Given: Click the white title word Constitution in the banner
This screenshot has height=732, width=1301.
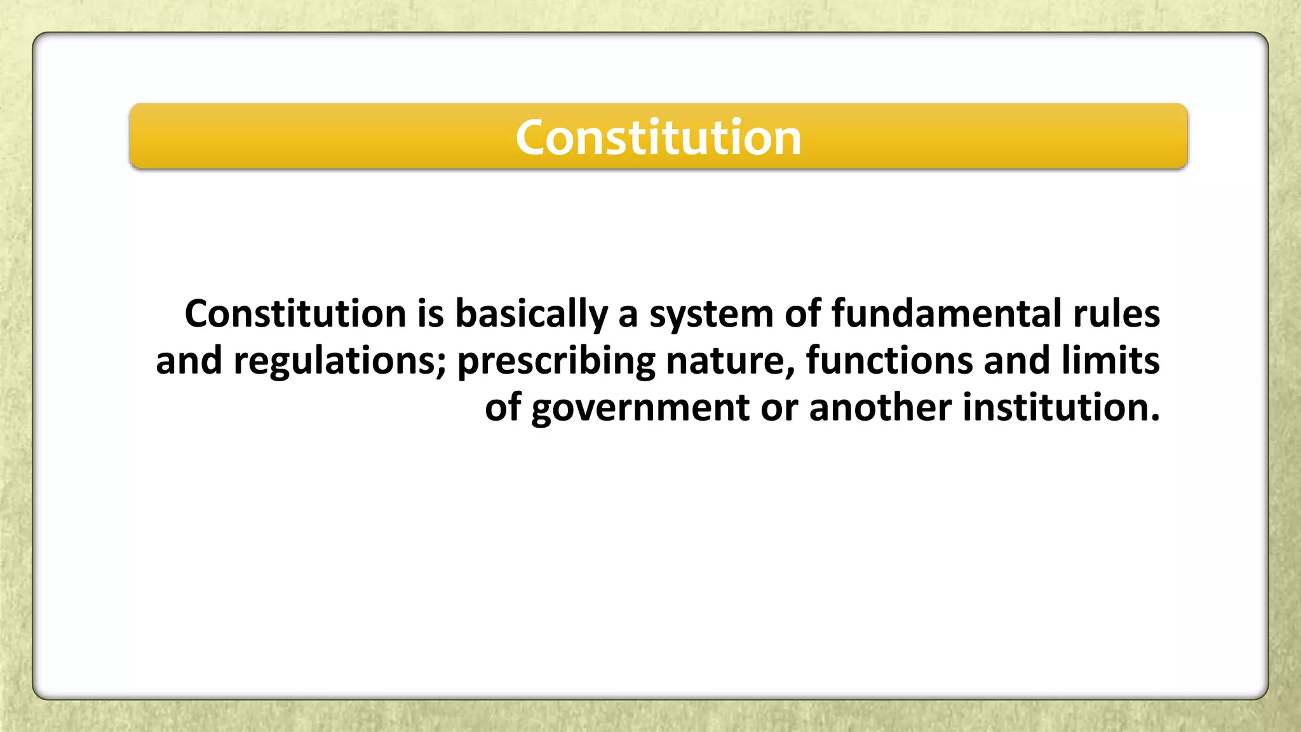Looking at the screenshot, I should pyautogui.click(x=658, y=138).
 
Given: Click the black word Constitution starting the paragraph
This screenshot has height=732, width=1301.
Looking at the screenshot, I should pyautogui.click(x=295, y=314).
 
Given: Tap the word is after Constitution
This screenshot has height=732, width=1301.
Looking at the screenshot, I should pyautogui.click(x=430, y=314).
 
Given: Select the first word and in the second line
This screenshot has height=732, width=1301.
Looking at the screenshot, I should pyautogui.click(x=189, y=361).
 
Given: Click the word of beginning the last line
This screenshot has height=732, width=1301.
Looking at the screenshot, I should pyautogui.click(x=503, y=407).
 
